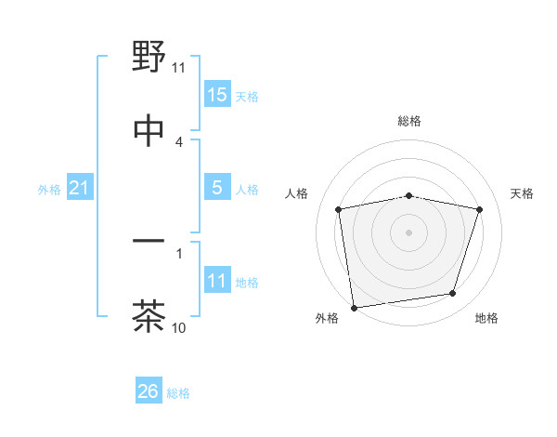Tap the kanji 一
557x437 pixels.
(149, 243)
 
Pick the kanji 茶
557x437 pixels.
(149, 317)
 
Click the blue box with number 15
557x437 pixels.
(217, 94)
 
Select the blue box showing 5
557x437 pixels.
(217, 188)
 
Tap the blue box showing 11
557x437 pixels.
(217, 280)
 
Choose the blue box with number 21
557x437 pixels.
(79, 188)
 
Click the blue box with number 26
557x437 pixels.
(149, 391)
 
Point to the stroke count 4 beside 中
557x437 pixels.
(179, 141)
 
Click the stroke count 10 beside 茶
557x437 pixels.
(179, 327)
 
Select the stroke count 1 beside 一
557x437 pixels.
(179, 252)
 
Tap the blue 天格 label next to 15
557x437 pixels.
(247, 96)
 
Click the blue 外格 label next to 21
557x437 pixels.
(49, 190)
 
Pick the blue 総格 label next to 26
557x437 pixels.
(178, 393)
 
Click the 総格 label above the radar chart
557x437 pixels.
(409, 121)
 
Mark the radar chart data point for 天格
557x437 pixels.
(480, 209)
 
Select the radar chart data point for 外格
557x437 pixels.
(354, 307)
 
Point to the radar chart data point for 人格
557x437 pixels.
(339, 209)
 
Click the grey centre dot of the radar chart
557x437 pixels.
(409, 232)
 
